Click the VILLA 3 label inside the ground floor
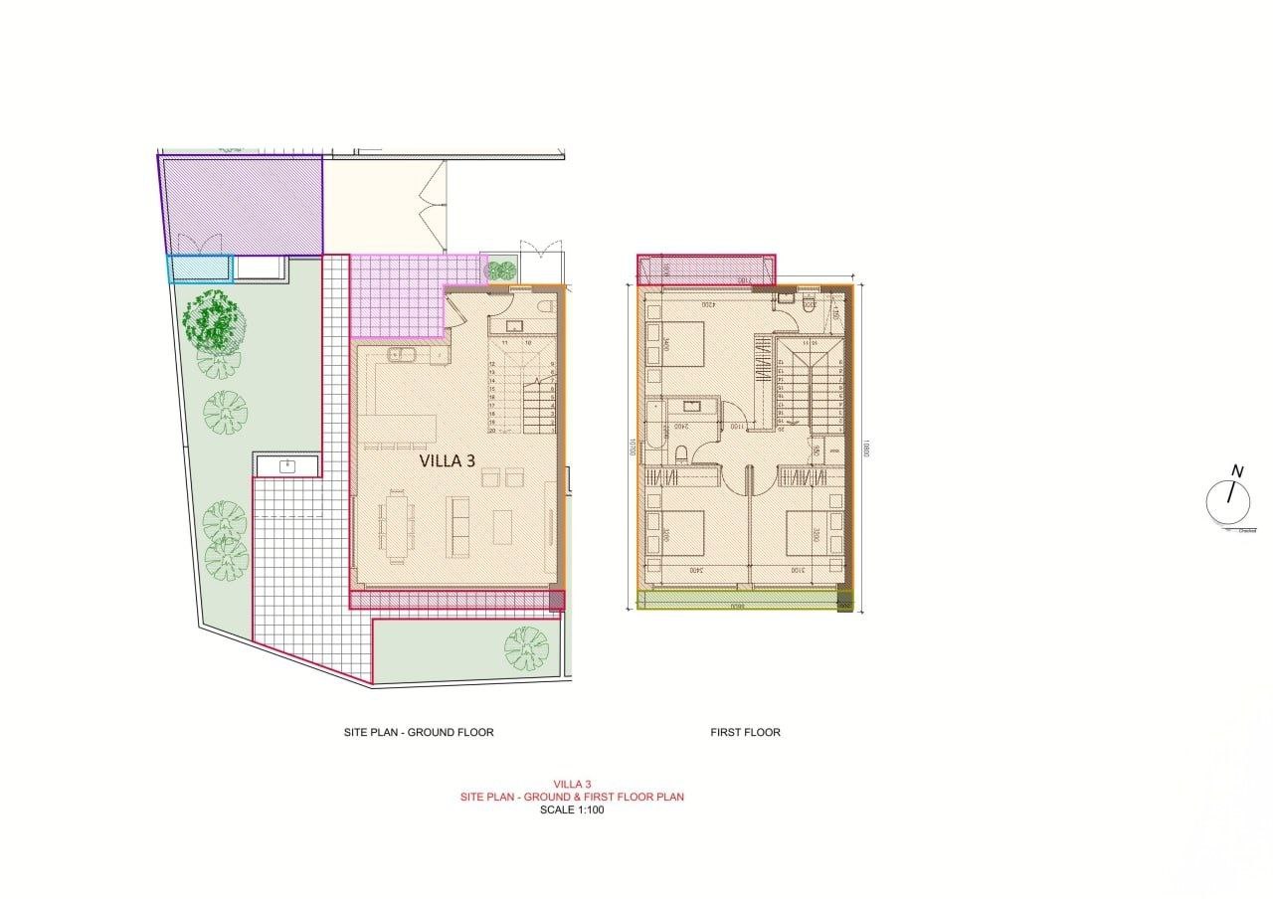pos(453,460)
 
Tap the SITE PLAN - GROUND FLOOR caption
pos(418,732)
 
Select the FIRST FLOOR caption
pos(745,732)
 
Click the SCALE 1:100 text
pos(571,809)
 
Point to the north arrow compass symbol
pos(1228,501)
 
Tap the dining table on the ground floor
pos(396,524)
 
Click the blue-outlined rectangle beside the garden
pos(199,269)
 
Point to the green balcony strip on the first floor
pos(741,601)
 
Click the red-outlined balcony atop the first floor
pos(706,269)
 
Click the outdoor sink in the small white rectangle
pos(287,464)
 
